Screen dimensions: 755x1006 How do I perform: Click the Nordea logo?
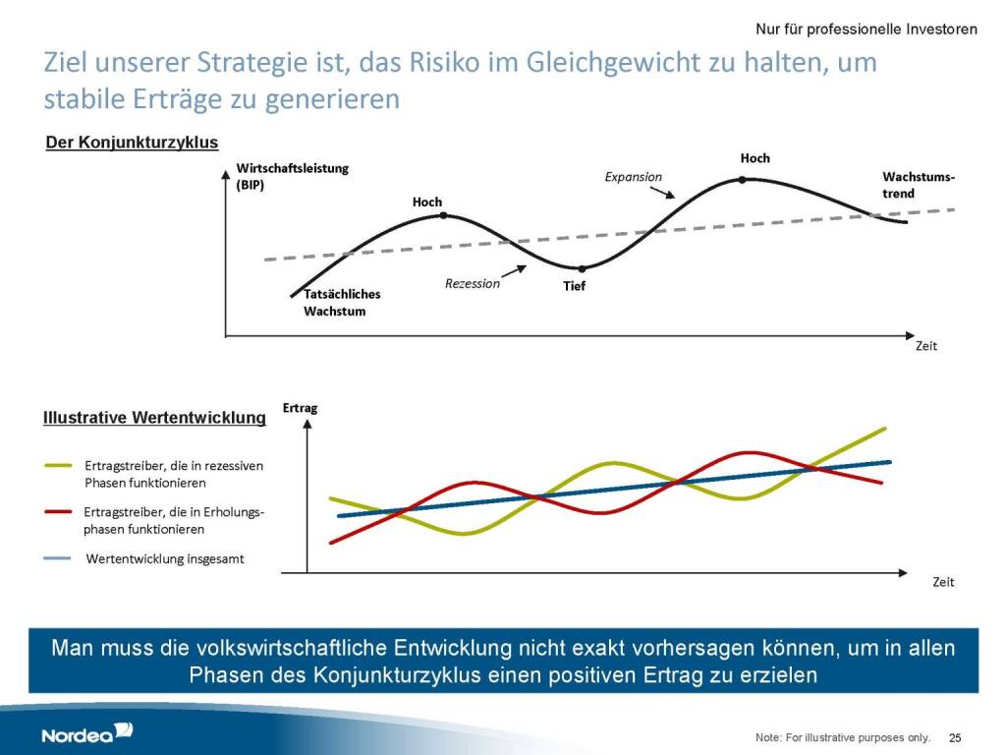coord(86,733)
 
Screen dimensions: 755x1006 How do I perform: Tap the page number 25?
coord(955,737)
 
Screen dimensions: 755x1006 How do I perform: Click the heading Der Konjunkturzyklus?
coord(132,144)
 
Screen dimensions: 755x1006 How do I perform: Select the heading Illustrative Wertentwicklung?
coord(154,418)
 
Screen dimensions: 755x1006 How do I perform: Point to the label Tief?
coord(574,286)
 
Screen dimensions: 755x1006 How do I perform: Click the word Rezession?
coord(472,283)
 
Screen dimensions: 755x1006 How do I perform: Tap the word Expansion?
coord(632,177)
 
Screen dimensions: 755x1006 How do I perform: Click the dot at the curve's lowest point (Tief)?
coord(582,268)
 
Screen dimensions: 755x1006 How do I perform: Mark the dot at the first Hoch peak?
coord(444,214)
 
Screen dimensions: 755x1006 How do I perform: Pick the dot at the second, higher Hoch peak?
coord(742,179)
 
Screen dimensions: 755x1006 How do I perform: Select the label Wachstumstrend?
coord(918,185)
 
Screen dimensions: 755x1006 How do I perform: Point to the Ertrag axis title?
coord(300,407)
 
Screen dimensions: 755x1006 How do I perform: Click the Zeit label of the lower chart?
coord(943,582)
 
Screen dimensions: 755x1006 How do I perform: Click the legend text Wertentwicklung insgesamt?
coord(165,558)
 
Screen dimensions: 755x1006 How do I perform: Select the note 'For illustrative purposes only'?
coord(842,737)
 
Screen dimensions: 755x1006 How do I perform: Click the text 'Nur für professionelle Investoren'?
coord(866,29)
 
